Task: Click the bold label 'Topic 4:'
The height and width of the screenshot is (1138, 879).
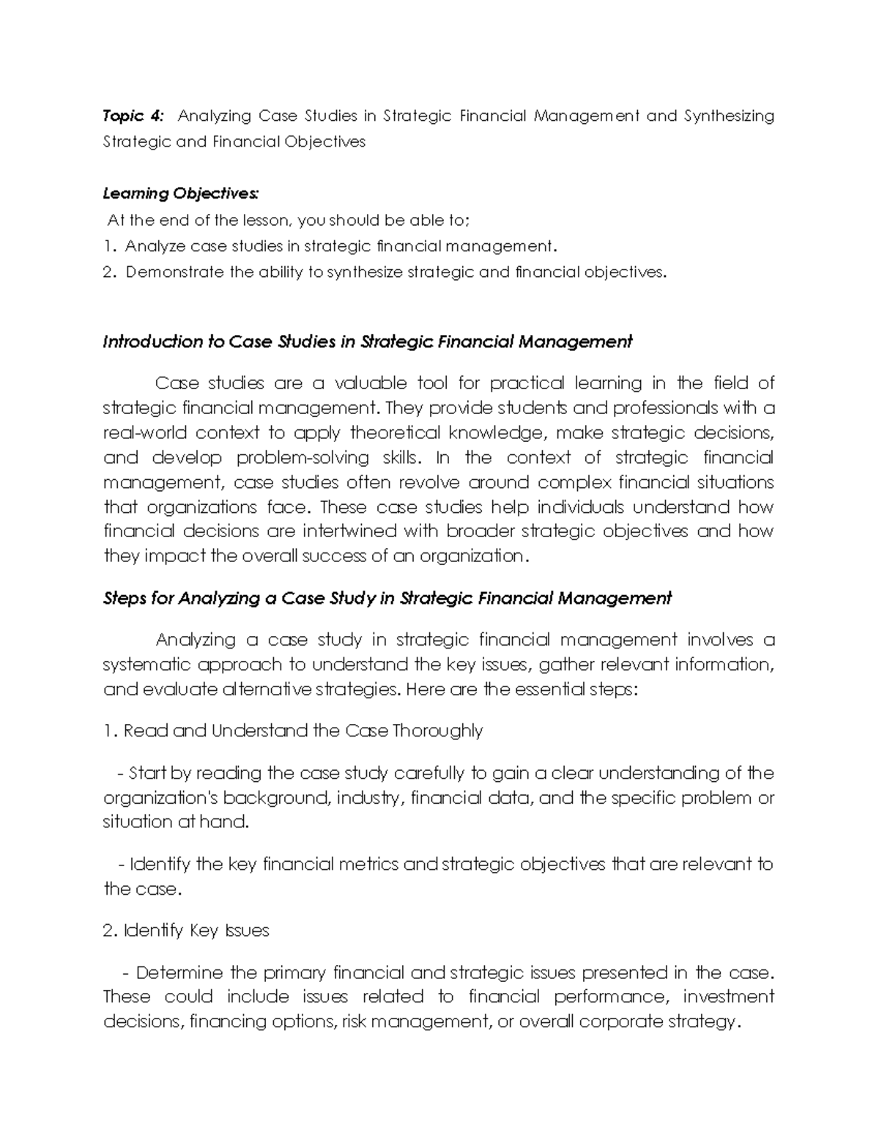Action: click(134, 117)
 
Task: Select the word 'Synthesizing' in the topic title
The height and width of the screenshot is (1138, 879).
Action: click(729, 117)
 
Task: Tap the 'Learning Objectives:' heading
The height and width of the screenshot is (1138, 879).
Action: click(181, 193)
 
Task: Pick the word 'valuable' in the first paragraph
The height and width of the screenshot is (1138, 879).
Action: click(370, 383)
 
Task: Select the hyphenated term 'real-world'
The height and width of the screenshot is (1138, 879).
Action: click(144, 432)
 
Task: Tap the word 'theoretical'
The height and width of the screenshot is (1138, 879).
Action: click(395, 432)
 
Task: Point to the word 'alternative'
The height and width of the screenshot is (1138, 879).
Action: click(267, 690)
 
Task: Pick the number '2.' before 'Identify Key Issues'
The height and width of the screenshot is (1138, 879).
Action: click(111, 931)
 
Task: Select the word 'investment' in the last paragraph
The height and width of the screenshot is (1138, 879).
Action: click(728, 997)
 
